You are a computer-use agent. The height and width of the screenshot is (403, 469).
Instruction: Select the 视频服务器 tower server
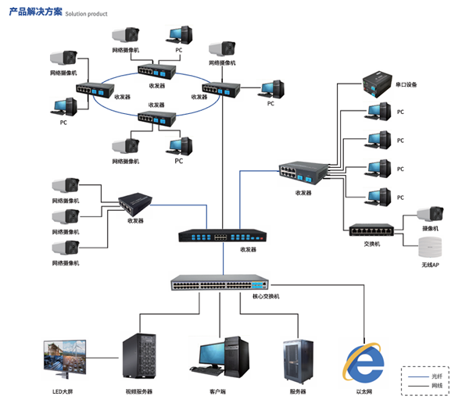click(x=138, y=358)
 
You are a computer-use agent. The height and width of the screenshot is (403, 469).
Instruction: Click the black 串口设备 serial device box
click(x=379, y=80)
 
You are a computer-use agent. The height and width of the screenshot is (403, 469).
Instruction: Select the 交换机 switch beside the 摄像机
click(x=372, y=230)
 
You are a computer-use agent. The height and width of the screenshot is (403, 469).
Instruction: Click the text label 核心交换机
click(x=265, y=297)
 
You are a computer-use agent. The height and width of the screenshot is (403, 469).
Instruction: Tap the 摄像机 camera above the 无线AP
click(x=429, y=213)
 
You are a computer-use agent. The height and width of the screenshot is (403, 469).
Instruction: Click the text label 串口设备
click(x=406, y=84)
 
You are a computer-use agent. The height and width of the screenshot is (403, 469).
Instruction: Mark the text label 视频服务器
click(x=138, y=391)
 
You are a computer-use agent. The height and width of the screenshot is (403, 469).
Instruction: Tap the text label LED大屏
click(x=63, y=391)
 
